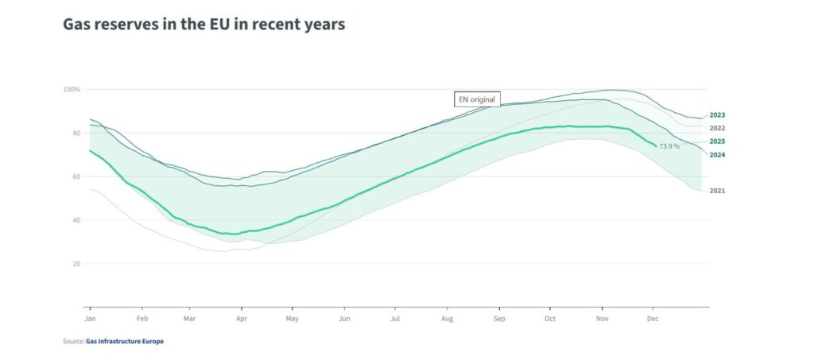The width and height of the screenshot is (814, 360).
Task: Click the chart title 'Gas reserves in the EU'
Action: click(203, 25)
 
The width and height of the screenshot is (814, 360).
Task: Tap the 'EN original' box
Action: click(477, 99)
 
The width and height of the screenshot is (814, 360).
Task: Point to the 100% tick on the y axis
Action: click(72, 89)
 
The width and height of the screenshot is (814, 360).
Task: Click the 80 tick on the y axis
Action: click(76, 133)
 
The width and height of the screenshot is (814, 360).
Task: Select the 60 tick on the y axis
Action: click(76, 176)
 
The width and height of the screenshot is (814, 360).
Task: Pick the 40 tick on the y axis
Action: click(76, 220)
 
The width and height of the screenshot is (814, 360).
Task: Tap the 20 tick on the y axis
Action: click(76, 264)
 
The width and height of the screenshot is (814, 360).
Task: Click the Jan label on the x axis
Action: click(90, 318)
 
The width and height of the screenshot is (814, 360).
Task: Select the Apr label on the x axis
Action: click(241, 318)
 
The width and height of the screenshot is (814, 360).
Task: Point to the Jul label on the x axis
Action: click(395, 318)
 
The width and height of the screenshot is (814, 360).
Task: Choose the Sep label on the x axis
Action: click(499, 318)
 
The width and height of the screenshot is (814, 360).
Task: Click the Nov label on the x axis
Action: click(602, 318)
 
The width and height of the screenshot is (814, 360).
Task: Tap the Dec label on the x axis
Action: click(653, 318)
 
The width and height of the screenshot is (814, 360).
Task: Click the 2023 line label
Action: click(717, 115)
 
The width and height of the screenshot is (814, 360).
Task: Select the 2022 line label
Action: click(717, 128)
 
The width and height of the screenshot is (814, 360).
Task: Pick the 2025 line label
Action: click(717, 141)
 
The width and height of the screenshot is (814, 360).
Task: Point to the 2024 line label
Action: click(717, 154)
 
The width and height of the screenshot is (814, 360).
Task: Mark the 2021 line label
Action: click(717, 191)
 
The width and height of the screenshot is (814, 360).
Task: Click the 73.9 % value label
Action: click(669, 146)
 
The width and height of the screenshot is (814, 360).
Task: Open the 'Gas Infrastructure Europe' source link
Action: click(125, 341)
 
